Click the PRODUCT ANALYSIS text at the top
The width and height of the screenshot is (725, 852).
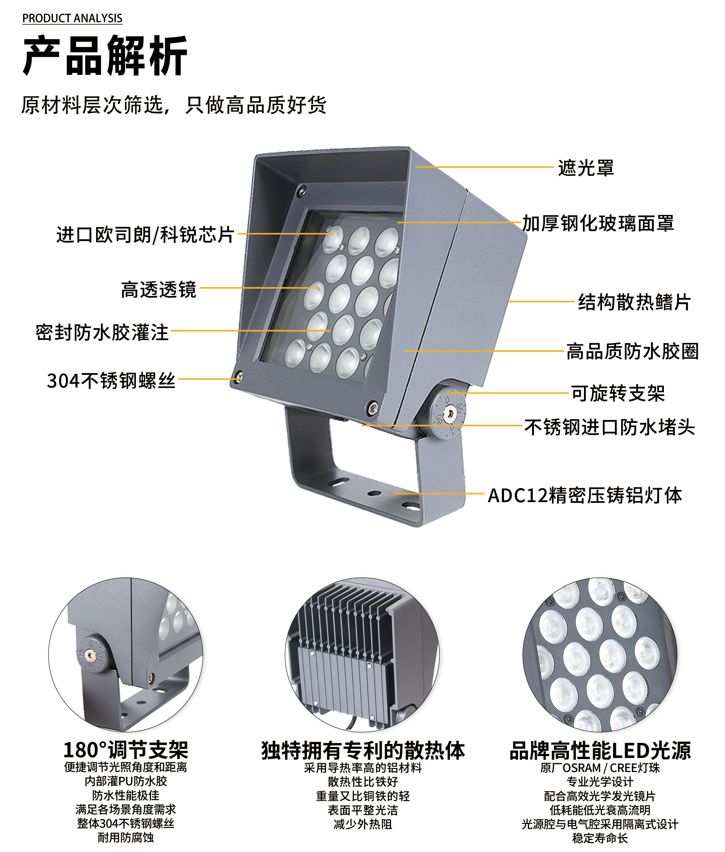[72, 18]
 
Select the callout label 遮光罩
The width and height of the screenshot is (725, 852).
[586, 168]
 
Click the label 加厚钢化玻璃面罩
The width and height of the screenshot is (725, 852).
[598, 223]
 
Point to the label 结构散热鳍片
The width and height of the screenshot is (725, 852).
[634, 302]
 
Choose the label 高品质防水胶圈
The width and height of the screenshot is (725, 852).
[633, 351]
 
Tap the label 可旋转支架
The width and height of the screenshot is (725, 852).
[618, 393]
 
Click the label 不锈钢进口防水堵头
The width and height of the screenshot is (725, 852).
[610, 427]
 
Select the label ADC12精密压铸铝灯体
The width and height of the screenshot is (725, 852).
[585, 495]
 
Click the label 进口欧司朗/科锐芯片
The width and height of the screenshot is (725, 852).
[145, 234]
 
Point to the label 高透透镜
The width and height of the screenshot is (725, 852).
[159, 289]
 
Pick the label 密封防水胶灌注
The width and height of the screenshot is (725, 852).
[102, 332]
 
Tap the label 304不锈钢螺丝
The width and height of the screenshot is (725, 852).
[111, 380]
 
